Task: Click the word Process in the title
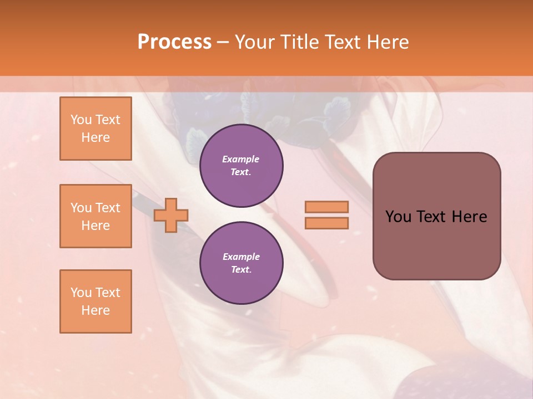[x=174, y=42]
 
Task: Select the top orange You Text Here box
[x=95, y=129]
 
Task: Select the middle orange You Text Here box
[x=95, y=216]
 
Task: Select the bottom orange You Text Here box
[x=95, y=301]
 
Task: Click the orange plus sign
[x=171, y=216]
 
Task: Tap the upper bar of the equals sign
[x=326, y=207]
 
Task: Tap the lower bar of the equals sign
[x=326, y=223]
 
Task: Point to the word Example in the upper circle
[x=241, y=159]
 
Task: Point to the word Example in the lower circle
[x=241, y=257]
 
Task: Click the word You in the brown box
[x=398, y=217]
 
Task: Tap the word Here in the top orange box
[x=95, y=137]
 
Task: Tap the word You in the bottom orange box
[x=81, y=293]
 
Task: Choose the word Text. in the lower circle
[x=241, y=270]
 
